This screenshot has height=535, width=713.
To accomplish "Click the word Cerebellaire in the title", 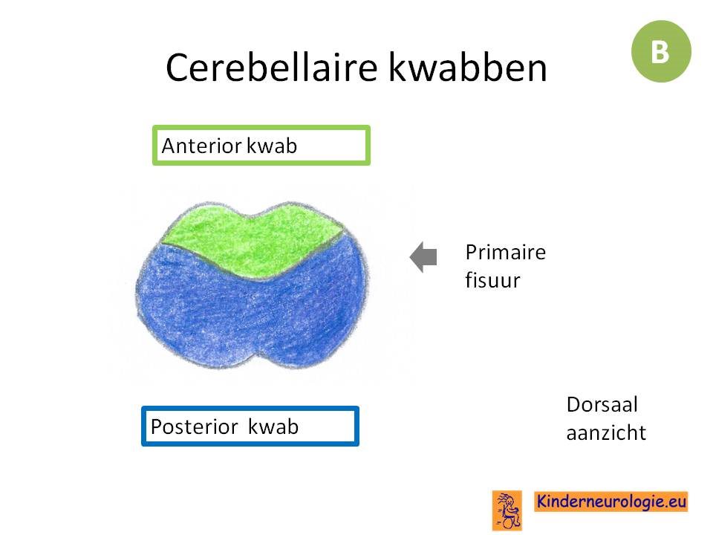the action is (x=272, y=68).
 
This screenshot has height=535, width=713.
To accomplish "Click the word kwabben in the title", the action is (x=467, y=68).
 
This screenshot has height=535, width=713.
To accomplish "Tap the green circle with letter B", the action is (x=661, y=51).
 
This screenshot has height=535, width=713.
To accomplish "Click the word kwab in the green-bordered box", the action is (x=272, y=146).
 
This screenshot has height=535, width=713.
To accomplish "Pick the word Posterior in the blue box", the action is (x=194, y=427).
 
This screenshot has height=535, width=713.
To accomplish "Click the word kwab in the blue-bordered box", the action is (x=273, y=427).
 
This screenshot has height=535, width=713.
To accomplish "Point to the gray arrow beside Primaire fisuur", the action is (x=423, y=257).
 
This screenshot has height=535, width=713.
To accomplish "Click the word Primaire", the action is (x=506, y=252).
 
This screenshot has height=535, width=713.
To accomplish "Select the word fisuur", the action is (x=492, y=280).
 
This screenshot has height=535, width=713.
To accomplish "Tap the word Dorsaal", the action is (x=602, y=404).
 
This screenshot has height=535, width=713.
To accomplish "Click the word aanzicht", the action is (x=606, y=432).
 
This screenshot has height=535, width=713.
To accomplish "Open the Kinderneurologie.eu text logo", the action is (x=611, y=502).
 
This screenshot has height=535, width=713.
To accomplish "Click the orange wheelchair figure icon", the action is (x=507, y=510).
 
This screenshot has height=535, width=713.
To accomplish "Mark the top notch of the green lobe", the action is (x=250, y=216).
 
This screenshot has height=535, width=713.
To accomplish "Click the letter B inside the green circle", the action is (x=660, y=52).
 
